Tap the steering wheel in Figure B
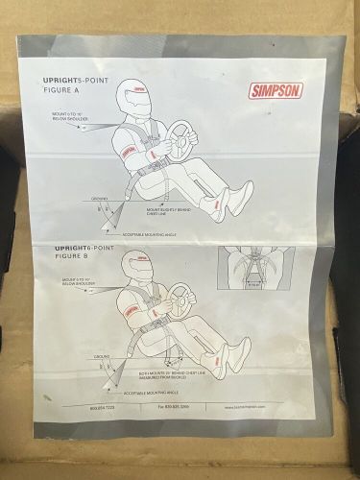pos(181,300)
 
